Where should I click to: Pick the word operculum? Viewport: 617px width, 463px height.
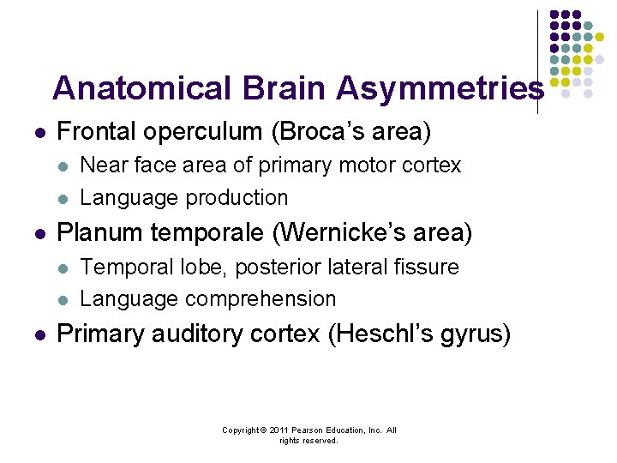click(190, 132)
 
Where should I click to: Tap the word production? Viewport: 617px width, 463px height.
click(238, 197)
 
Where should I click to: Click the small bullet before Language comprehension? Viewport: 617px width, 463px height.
click(63, 300)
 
